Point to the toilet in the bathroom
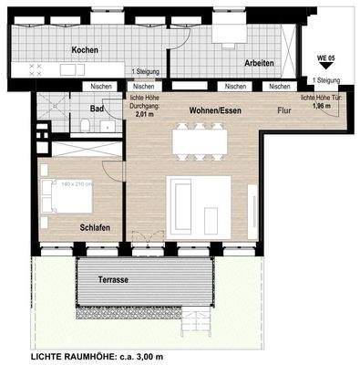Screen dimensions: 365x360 [84, 126]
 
